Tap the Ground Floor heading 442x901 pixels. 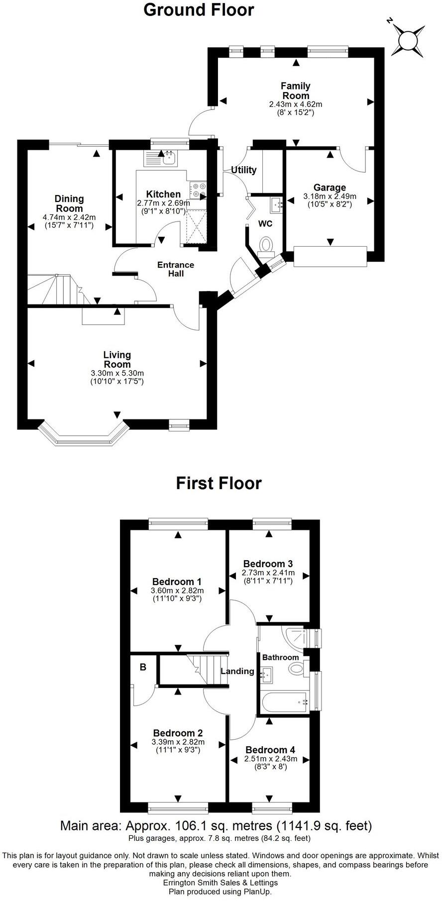click(199, 10)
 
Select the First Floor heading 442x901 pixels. click(219, 483)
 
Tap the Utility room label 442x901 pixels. click(243, 170)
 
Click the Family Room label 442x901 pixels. click(296, 91)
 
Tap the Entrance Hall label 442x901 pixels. click(176, 269)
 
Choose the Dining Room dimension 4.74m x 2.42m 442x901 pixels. click(69, 217)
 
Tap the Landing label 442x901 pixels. click(237, 671)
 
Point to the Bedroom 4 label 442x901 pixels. click(270, 750)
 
